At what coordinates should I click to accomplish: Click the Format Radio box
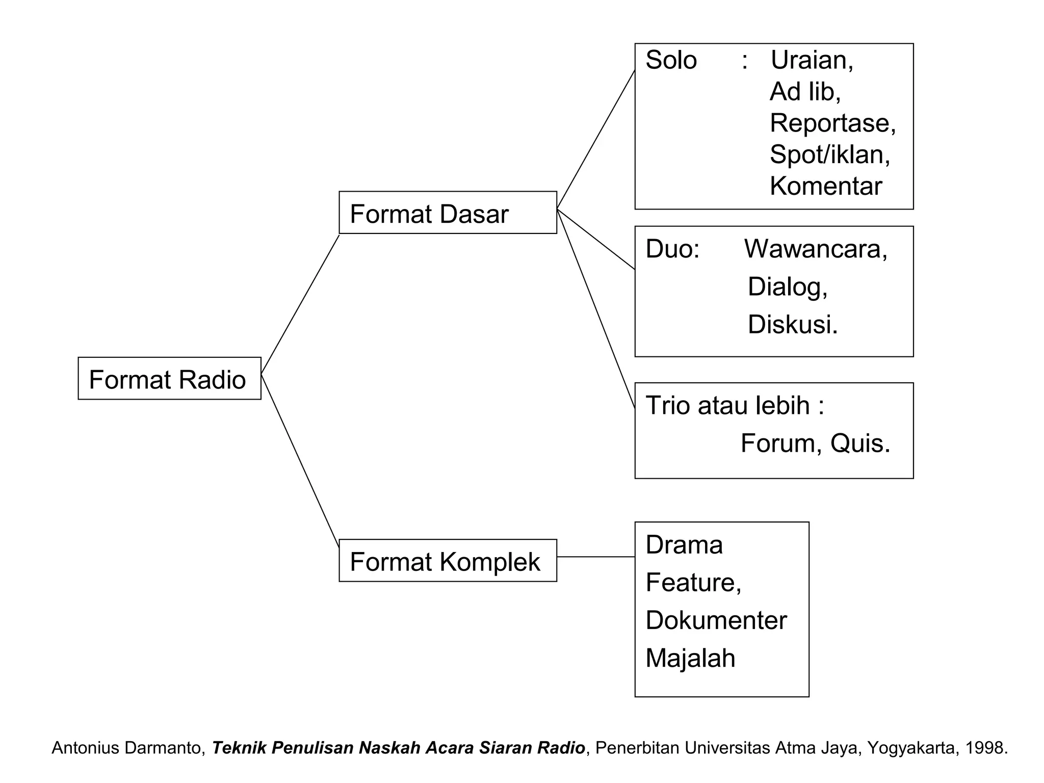pos(169,378)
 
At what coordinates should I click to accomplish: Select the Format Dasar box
pos(448,213)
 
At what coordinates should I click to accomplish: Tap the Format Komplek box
pos(448,560)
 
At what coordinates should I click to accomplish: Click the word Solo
pos(671,60)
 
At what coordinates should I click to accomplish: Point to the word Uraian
pos(811,60)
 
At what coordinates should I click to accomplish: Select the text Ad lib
pos(804,92)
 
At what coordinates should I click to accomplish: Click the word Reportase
pos(832,123)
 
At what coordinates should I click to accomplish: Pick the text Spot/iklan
pos(829,154)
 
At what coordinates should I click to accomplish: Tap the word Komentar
pos(825,186)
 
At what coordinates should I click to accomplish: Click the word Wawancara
pos(815,249)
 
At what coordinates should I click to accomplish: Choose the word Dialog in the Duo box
pos(787,287)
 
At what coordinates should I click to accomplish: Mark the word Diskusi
pos(792,325)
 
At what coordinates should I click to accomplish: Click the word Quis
pos(859,443)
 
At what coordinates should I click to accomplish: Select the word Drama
pos(684,545)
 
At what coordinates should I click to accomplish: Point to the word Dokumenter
pos(716,620)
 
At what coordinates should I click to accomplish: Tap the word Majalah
pos(690,658)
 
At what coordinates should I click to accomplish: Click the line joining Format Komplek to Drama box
pos(595,557)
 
